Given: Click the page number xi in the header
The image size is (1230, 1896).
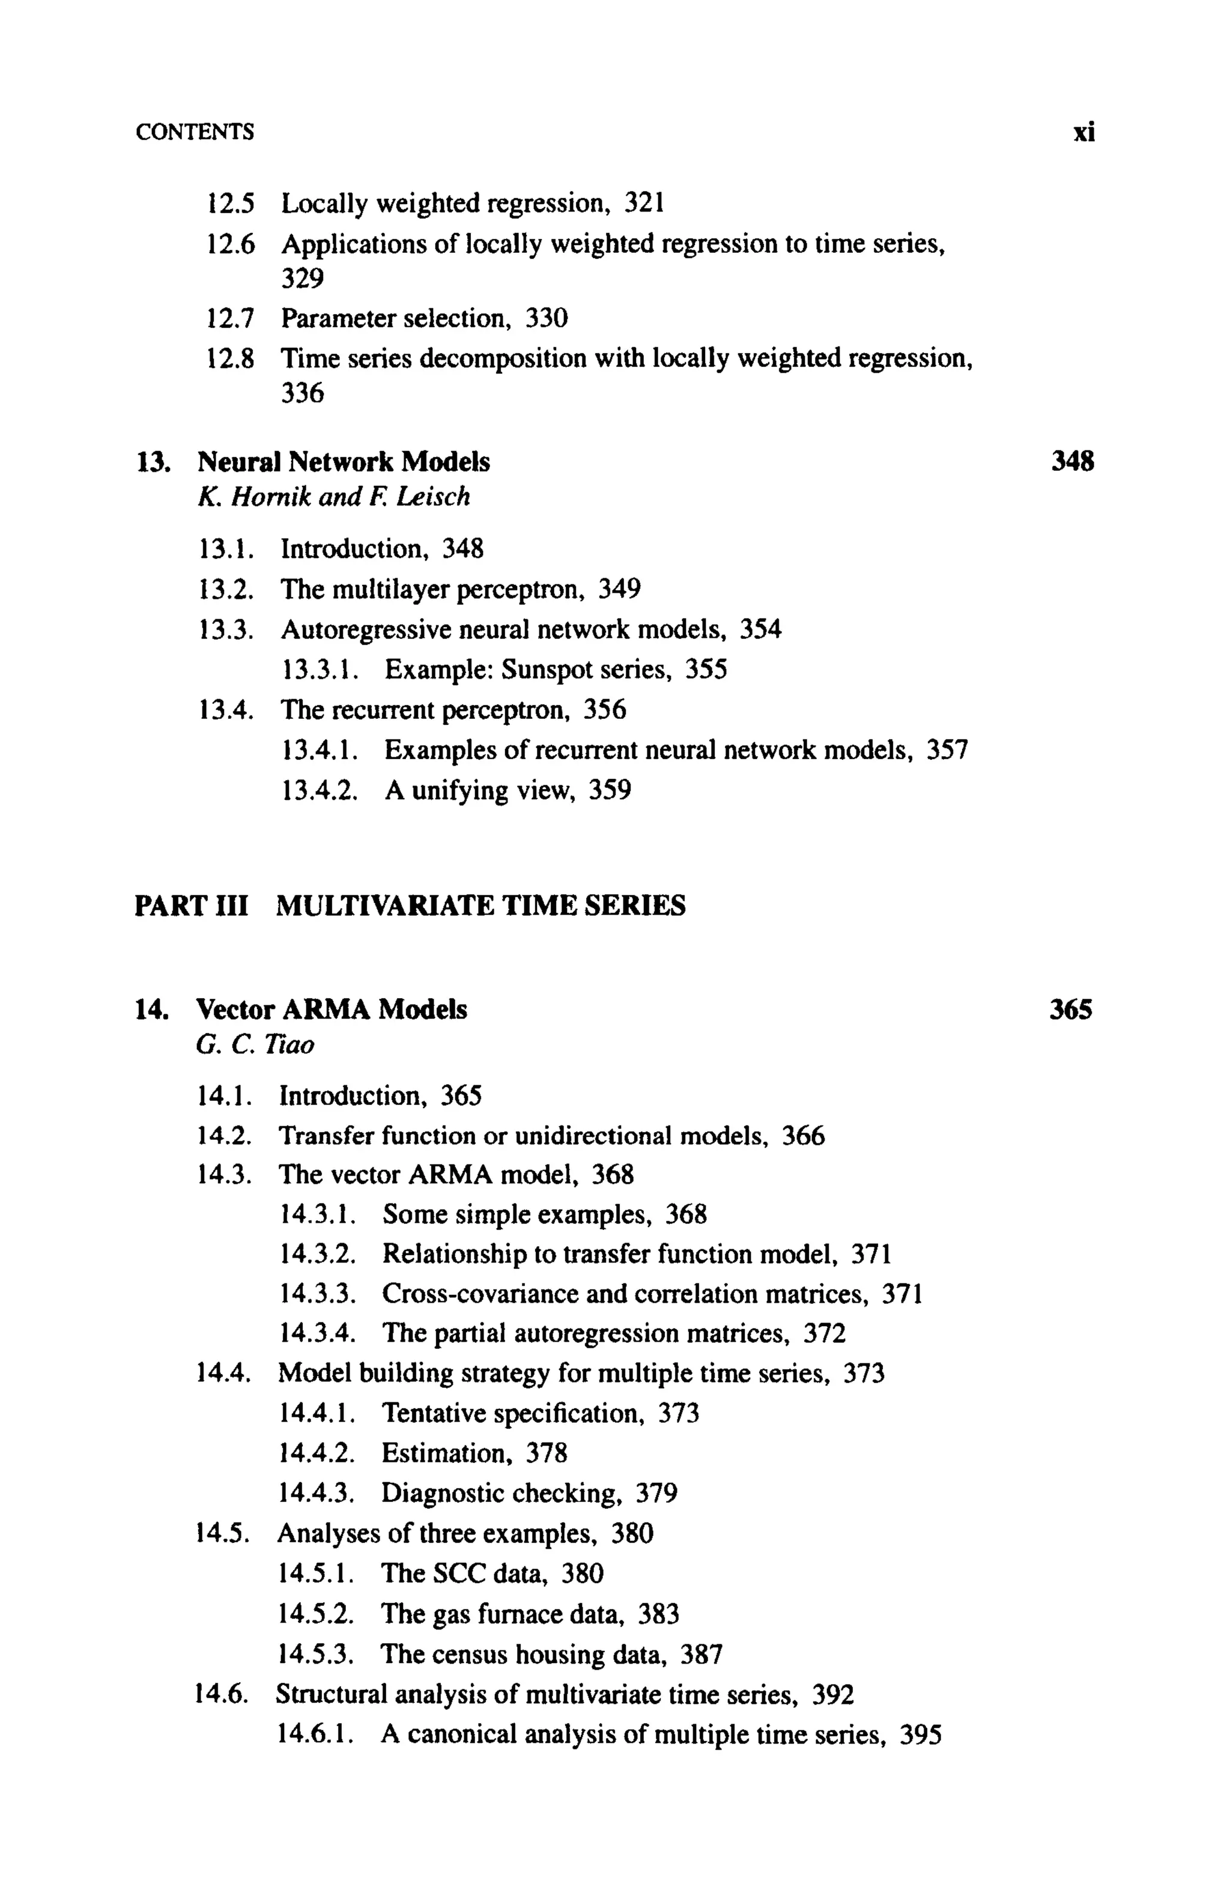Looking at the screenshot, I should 1083,132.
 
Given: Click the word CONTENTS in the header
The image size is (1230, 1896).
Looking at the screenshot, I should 195,132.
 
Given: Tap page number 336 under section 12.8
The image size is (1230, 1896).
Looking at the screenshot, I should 302,393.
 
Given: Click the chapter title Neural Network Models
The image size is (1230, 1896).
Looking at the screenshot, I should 344,462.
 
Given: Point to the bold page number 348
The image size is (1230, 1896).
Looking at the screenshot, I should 1072,461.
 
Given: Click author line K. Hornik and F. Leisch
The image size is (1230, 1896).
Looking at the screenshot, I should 333,497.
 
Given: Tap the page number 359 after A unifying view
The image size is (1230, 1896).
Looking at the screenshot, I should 610,790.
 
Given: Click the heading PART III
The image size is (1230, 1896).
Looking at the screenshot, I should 191,906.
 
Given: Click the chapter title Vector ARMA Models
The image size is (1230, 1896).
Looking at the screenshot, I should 332,1010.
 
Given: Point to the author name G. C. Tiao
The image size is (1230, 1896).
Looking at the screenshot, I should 255,1044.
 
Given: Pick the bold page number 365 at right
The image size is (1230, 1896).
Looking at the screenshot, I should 1071,1010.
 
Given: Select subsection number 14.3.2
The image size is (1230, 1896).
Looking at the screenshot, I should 317,1254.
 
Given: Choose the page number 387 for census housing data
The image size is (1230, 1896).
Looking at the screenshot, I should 701,1655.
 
